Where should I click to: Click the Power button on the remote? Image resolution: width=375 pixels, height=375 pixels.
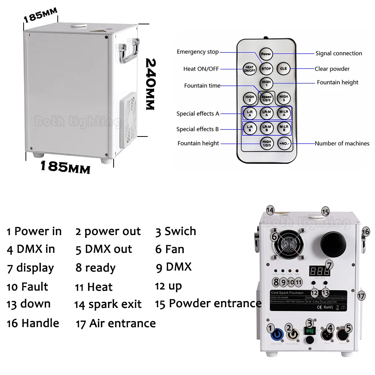266,54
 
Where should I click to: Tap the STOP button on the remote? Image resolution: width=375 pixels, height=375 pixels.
266,68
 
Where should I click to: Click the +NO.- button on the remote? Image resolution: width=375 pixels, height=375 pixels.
283,143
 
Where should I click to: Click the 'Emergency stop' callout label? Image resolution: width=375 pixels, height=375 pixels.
198,52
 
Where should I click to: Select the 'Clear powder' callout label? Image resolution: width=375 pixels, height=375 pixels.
332,69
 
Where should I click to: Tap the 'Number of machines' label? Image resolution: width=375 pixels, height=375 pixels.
342,143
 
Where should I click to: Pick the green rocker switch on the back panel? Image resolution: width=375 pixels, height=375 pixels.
309,331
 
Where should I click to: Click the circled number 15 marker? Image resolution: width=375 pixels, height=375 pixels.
325,212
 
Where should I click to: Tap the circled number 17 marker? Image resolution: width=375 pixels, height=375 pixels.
361,296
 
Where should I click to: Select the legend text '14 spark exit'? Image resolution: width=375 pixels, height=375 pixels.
108,304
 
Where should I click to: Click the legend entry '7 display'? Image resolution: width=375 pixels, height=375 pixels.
30,268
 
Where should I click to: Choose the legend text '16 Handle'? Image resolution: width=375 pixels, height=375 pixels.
33,323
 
